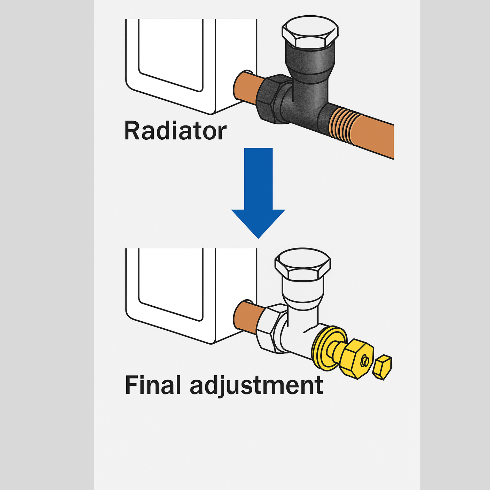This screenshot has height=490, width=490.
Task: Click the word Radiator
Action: click(x=175, y=131)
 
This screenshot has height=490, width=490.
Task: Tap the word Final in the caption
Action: click(x=153, y=385)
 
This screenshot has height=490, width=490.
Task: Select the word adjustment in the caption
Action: click(x=256, y=386)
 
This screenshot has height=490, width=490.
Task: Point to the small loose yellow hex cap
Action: click(x=382, y=367)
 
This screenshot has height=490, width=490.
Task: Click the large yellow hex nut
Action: click(x=357, y=359)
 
